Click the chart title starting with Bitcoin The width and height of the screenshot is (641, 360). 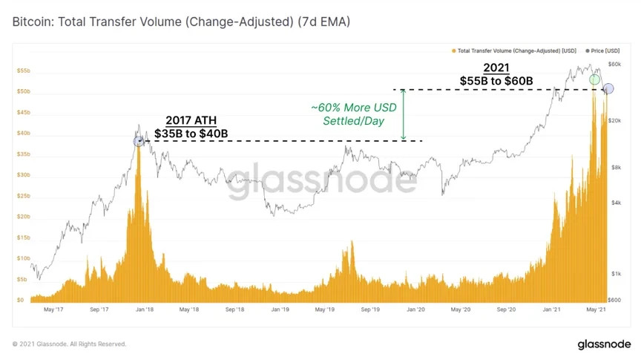point(181,22)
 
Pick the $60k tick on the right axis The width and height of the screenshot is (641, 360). point(614,65)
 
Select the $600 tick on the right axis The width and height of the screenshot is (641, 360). point(614,300)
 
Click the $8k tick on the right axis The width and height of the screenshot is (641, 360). point(614,168)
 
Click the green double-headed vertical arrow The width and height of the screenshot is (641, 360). point(403,115)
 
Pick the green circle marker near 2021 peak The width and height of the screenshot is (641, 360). point(594,79)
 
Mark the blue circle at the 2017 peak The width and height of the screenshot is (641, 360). point(138,141)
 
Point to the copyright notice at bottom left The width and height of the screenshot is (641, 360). point(70,344)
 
